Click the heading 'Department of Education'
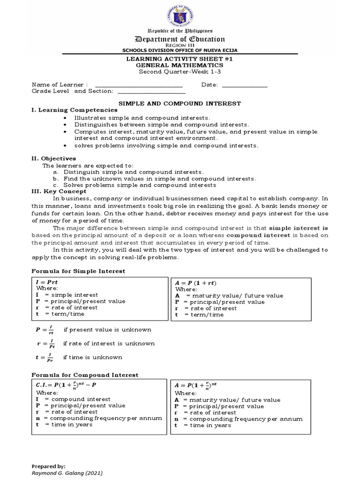pyautogui.click(x=180, y=39)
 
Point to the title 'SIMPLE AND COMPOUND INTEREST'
pyautogui.click(x=180, y=103)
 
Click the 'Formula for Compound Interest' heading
pyautogui.click(x=84, y=375)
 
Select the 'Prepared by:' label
pyautogui.click(x=48, y=467)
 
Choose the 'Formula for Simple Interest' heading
pyautogui.click(x=78, y=271)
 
